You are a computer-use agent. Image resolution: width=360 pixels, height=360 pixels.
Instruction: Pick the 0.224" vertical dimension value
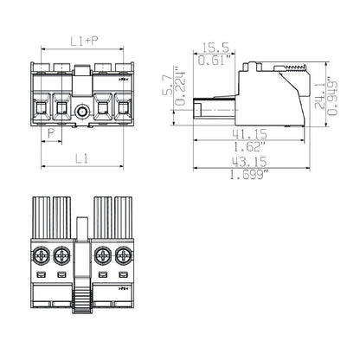tap(181, 89)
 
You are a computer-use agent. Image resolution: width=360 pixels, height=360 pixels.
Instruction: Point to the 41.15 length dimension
tap(251, 138)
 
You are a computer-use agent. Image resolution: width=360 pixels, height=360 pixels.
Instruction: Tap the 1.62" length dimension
tap(251, 150)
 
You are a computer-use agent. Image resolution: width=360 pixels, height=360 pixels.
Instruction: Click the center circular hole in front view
tap(83, 111)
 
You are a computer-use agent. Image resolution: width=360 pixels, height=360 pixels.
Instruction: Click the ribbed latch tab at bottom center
tap(82, 298)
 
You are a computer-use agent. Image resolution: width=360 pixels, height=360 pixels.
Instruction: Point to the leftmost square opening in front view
tap(42, 108)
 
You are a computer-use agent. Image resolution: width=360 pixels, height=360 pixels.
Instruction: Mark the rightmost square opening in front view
tap(124, 108)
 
